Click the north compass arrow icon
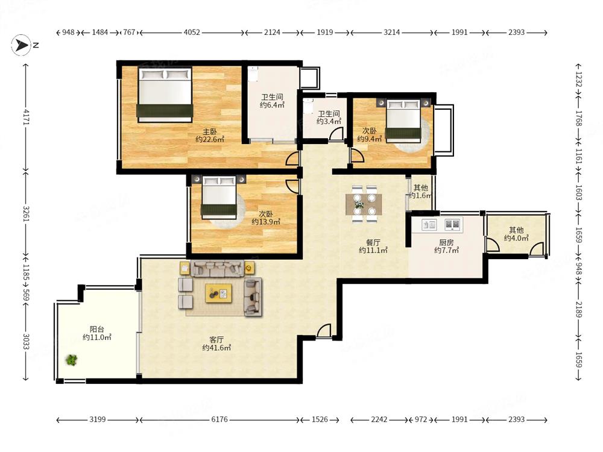21,45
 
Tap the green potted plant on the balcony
71,360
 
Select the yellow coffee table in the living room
218,293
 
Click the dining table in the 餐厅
364,204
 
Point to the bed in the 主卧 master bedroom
165,95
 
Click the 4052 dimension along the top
192,33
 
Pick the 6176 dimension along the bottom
219,419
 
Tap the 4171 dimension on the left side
26,117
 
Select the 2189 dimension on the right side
579,309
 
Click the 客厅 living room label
216,340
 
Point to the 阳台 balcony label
97,329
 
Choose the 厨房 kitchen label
446,242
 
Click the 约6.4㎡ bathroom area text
273,105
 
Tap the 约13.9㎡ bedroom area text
266,222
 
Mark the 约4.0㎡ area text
517,238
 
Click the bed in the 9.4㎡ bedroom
403,119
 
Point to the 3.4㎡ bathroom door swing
336,134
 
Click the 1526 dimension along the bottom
320,419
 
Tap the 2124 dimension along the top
272,33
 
